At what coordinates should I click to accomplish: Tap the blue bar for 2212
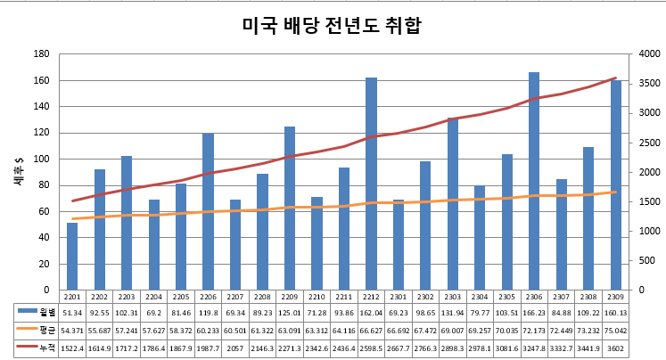point(371,184)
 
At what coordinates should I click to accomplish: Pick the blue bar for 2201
point(72,256)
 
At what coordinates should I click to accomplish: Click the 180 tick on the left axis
point(41,54)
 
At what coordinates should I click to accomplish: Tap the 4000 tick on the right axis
point(648,54)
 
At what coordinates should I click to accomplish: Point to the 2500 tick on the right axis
point(648,143)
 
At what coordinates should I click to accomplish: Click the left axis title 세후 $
point(19,171)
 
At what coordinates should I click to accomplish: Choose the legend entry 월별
point(37,312)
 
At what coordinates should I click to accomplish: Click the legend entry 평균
point(37,329)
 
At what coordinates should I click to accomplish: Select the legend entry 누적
point(37,346)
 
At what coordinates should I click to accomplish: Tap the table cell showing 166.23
point(533,312)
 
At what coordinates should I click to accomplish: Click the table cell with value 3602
point(615,346)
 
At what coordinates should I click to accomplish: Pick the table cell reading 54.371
point(72,329)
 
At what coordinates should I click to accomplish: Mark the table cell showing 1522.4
point(72,346)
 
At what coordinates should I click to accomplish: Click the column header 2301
point(398,296)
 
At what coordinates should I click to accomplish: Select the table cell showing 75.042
point(615,329)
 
